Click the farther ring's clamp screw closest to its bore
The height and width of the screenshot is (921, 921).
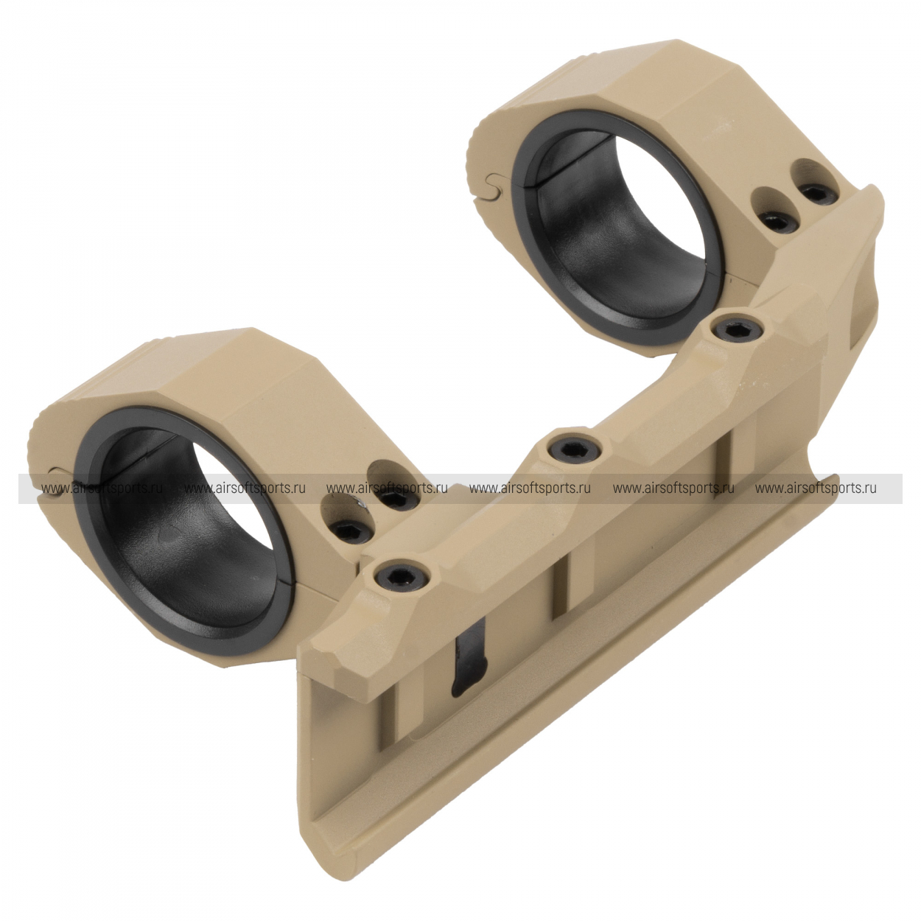point(775,221)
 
